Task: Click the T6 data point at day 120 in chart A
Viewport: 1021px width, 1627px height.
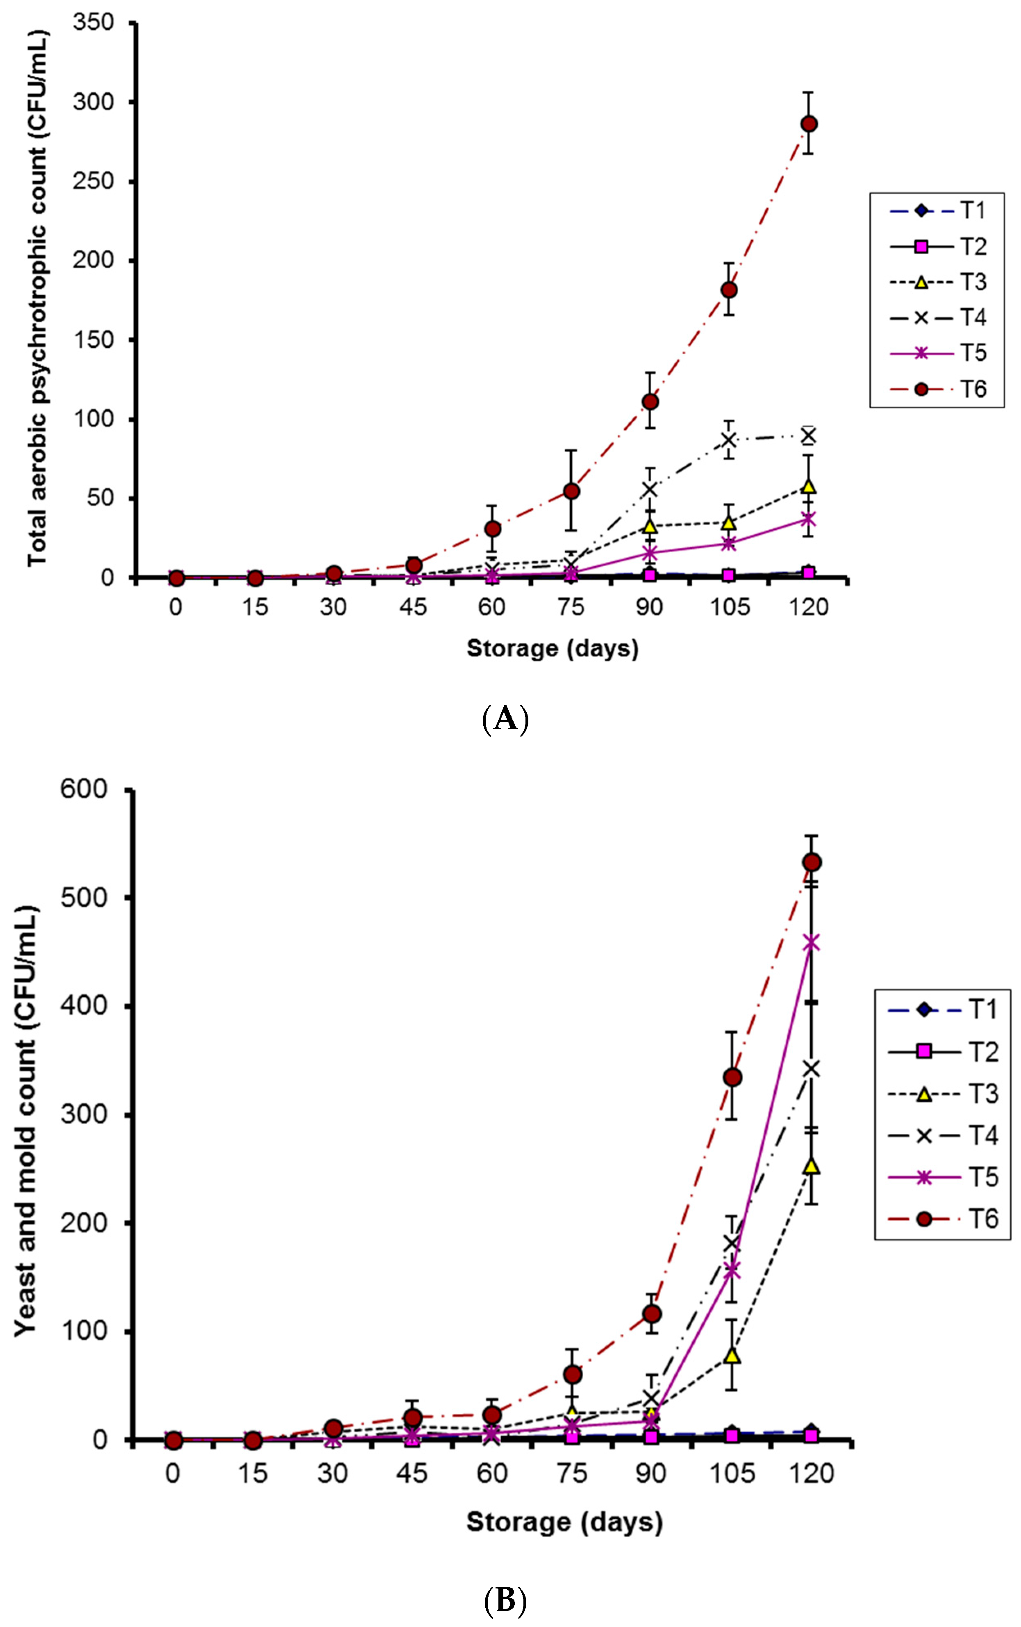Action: (808, 124)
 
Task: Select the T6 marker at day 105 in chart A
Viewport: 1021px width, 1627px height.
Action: (729, 290)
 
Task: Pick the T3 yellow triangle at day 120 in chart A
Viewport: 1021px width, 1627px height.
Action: (808, 486)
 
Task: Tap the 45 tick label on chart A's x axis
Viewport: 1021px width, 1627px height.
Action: (413, 607)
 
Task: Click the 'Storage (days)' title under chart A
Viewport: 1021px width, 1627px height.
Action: (553, 648)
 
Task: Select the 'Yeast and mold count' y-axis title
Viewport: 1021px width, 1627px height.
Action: (26, 1121)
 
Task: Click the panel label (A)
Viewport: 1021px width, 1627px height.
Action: (506, 719)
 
